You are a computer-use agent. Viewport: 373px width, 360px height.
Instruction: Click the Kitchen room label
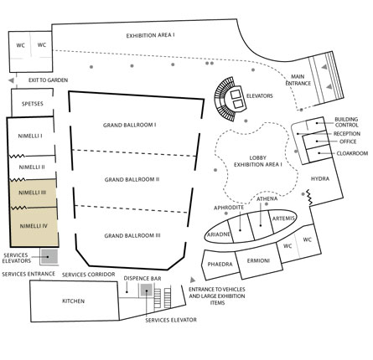click(73, 301)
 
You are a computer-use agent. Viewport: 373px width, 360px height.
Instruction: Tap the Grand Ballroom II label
click(132, 179)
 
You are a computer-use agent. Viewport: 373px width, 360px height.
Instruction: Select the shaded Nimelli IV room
click(34, 227)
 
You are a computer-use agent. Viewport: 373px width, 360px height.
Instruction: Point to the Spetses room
click(32, 103)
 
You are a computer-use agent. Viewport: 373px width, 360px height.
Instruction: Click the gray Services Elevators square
click(49, 256)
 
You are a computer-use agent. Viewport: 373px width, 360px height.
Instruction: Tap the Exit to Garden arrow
click(11, 80)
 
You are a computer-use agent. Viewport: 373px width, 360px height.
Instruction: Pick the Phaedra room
click(220, 265)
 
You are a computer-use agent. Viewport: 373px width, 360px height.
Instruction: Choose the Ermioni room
click(259, 261)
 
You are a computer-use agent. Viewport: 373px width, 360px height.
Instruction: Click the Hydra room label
click(320, 178)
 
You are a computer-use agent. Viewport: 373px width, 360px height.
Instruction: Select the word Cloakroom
click(352, 153)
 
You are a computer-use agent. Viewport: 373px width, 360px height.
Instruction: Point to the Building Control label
click(346, 122)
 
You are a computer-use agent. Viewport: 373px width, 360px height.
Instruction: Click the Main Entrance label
click(298, 80)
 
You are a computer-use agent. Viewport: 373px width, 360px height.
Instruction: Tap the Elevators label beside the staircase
click(259, 95)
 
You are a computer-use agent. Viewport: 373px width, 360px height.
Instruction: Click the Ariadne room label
click(219, 234)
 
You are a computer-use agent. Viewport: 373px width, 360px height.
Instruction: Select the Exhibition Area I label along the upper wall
click(150, 35)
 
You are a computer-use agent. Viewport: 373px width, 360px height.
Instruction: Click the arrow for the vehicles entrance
click(193, 280)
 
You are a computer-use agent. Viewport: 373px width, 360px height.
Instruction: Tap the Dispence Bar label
click(142, 278)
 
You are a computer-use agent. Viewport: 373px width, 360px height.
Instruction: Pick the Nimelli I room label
click(30, 136)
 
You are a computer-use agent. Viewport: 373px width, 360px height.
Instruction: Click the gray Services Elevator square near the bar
click(146, 291)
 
